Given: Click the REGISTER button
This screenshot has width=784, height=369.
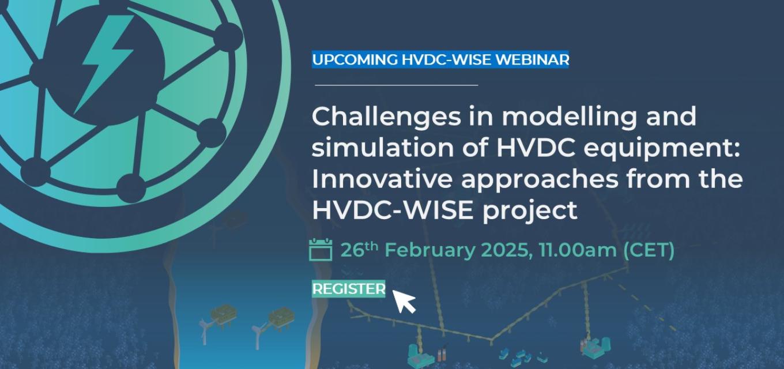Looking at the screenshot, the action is (x=349, y=289).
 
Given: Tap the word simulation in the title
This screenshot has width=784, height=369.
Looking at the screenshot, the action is (x=383, y=148).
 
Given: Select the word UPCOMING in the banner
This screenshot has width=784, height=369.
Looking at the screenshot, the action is (x=355, y=60).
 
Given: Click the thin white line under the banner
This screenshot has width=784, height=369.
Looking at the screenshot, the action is (x=397, y=85).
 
